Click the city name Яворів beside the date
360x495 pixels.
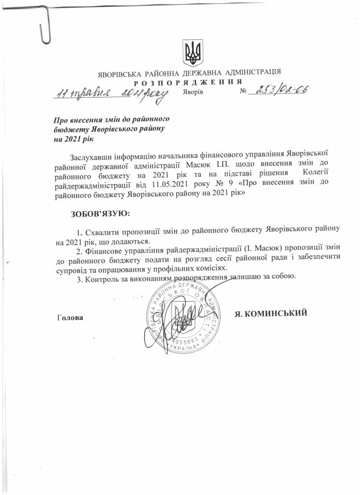coord(193,91)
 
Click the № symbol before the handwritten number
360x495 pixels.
coord(243,91)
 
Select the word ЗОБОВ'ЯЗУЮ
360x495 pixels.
coord(101,213)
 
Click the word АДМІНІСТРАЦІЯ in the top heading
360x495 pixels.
coord(252,73)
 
